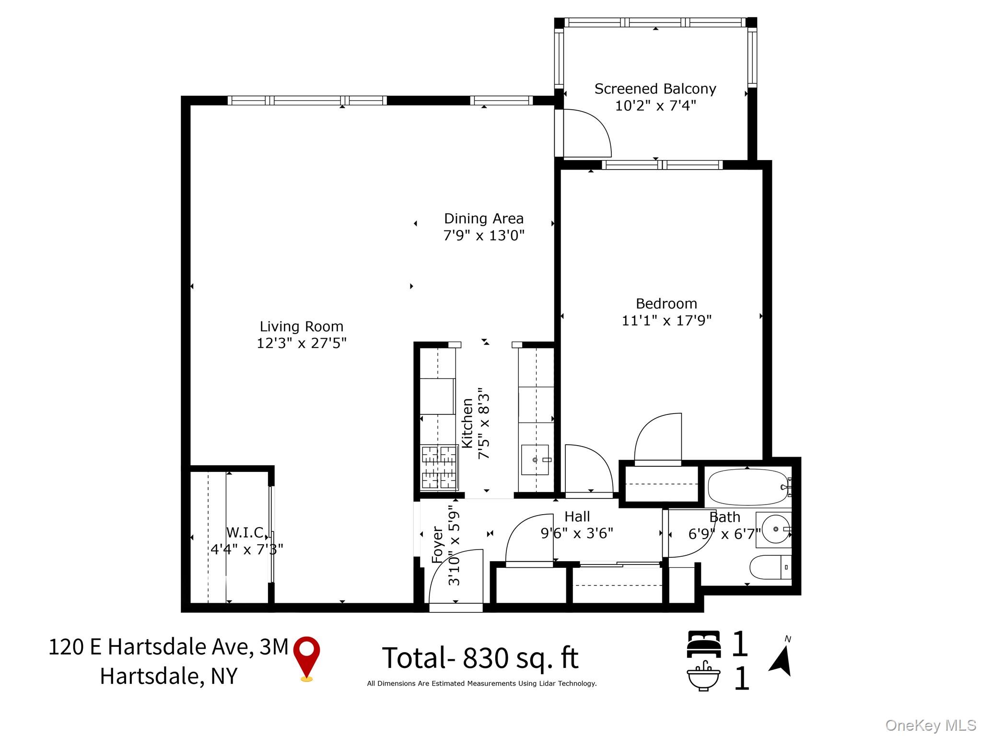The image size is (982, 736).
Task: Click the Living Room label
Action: [302, 327]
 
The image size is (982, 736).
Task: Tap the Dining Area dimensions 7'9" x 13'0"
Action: [484, 236]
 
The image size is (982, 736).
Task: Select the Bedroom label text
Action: [666, 304]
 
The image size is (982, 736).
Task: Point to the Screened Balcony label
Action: [655, 89]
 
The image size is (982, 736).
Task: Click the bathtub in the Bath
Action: [748, 487]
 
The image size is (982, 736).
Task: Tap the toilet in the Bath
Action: [767, 567]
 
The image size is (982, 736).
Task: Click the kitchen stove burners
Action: [439, 467]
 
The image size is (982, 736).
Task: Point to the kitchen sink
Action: [535, 460]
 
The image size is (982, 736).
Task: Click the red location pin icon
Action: [306, 655]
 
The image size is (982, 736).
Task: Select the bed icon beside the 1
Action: [703, 644]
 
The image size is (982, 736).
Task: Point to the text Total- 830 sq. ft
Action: [480, 658]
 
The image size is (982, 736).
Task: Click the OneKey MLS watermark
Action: [931, 725]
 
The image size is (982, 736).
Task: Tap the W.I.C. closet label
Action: [245, 532]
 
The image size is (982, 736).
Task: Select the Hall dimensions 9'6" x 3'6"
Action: [577, 533]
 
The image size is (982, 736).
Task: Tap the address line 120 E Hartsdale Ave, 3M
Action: [168, 647]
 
